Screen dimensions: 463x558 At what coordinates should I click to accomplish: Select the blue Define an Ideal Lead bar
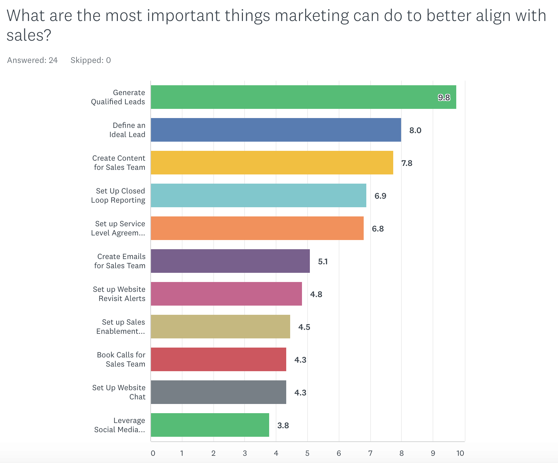[x=276, y=130]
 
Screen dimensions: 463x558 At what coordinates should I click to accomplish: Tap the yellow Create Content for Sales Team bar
[x=272, y=163]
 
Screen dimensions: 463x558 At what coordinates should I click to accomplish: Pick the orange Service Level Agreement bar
[x=257, y=228]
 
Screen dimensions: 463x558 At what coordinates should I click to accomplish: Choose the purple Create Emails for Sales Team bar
[x=230, y=261]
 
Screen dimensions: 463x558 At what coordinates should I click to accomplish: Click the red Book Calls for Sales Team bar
[x=218, y=359]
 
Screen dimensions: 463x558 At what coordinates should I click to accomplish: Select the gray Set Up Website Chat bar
[x=218, y=392]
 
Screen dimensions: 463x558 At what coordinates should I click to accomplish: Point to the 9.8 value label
[x=444, y=97]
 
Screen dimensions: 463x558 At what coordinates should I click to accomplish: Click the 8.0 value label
[x=415, y=130]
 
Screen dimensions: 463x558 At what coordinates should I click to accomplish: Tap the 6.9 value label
[x=380, y=196]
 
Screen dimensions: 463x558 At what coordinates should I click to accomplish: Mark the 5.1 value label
[x=323, y=261]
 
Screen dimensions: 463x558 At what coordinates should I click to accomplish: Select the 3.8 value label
[x=283, y=425]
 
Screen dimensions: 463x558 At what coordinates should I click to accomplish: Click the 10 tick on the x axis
[x=460, y=453]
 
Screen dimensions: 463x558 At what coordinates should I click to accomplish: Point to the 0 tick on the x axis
[x=153, y=453]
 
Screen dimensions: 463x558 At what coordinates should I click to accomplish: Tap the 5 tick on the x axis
[x=307, y=453]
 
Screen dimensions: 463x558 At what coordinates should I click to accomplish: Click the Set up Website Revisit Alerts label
[x=119, y=294]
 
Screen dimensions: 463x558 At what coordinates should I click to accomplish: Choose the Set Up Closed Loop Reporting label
[x=118, y=195]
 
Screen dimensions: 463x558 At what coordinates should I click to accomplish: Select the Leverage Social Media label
[x=119, y=425]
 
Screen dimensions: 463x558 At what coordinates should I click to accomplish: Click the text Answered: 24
[x=32, y=60]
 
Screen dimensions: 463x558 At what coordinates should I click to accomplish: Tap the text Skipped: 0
[x=91, y=60]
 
